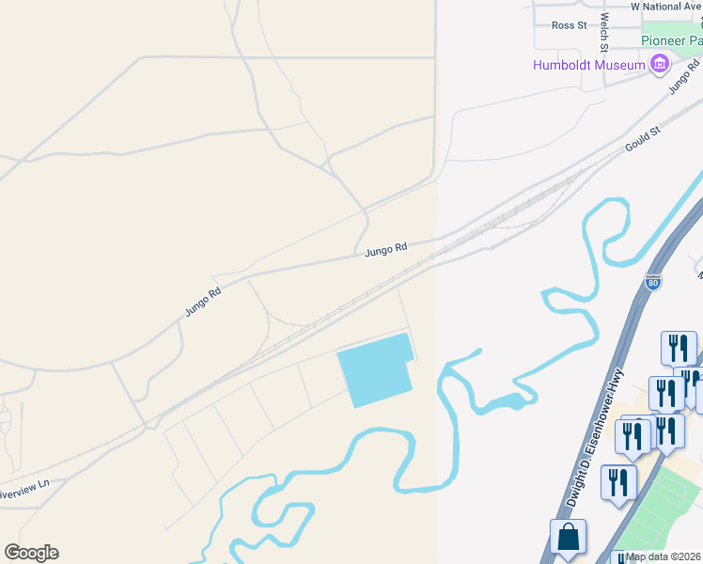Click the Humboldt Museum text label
[x=588, y=65]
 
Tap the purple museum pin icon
[x=659, y=65]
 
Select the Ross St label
[x=568, y=25]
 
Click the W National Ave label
[x=666, y=7]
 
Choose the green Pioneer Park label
[x=671, y=40]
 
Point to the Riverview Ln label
[x=23, y=490]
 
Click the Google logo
[x=31, y=553]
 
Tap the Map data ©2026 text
[x=664, y=556]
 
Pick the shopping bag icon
[x=568, y=539]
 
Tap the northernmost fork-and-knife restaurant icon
[x=677, y=347]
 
